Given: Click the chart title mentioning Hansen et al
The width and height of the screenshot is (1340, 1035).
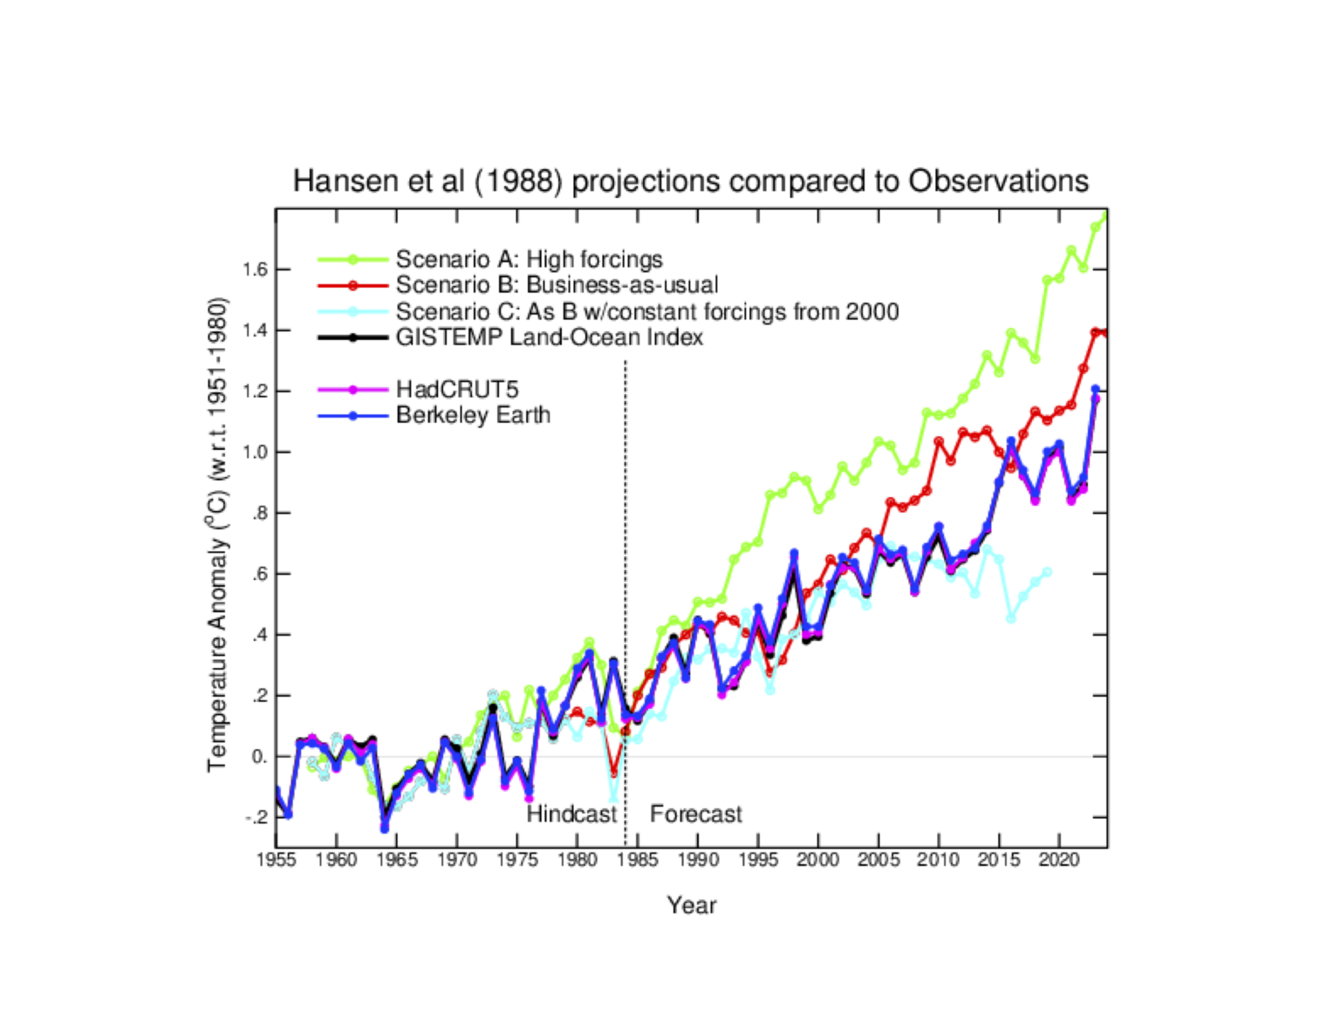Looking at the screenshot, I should [x=690, y=181].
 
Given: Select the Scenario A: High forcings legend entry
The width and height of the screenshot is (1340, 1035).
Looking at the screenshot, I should [x=529, y=259].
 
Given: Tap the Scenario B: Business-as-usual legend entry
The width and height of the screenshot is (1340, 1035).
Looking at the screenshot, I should [x=557, y=285].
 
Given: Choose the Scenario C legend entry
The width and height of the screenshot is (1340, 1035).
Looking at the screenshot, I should [x=646, y=311].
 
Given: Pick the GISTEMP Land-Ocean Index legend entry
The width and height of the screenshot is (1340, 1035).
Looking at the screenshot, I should [x=549, y=337].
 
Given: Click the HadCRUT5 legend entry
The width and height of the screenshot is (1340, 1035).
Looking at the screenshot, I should [x=456, y=389].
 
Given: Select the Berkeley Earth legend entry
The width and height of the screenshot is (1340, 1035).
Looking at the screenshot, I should [x=473, y=415].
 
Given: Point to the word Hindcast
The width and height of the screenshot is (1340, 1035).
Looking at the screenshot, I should [x=571, y=814].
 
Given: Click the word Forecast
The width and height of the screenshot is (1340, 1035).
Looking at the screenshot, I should [x=695, y=814].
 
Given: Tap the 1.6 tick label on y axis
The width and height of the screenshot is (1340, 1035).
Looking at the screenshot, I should [x=255, y=269].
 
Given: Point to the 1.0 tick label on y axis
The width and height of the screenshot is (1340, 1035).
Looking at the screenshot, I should [x=255, y=453].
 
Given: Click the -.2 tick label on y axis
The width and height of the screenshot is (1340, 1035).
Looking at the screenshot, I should [x=256, y=818].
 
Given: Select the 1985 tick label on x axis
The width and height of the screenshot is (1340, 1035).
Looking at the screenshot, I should [x=637, y=861].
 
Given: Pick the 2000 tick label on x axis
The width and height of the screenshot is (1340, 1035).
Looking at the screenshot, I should [x=817, y=861].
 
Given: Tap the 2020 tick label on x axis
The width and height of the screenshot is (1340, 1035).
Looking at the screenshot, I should [x=1058, y=861].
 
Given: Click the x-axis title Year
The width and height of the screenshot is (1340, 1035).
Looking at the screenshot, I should [x=691, y=905].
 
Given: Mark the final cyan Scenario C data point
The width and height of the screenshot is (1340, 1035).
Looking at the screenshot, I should [x=1047, y=573].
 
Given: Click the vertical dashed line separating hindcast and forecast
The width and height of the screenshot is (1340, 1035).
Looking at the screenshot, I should [x=626, y=523].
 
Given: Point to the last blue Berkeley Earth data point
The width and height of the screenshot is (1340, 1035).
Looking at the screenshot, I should [x=1095, y=390].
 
